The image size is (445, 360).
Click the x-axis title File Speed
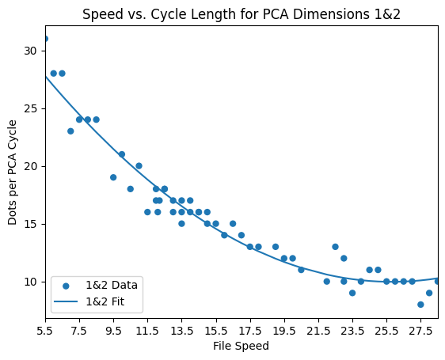tap(242, 346)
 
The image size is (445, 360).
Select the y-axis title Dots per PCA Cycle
tap(13, 172)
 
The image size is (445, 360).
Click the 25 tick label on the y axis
tap(32, 108)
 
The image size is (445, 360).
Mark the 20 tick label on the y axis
tap(32, 166)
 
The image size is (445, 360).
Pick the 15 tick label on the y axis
tap(32, 224)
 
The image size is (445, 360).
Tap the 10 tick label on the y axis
tap(32, 282)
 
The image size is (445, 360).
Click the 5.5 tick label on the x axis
tap(45, 330)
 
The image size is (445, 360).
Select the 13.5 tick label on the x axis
tap(181, 330)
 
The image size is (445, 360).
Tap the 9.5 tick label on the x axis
tap(113, 330)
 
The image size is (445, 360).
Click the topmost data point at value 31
tap(45, 38)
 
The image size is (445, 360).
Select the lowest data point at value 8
tap(420, 305)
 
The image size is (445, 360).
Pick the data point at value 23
tap(70, 131)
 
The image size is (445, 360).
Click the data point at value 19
tap(113, 177)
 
